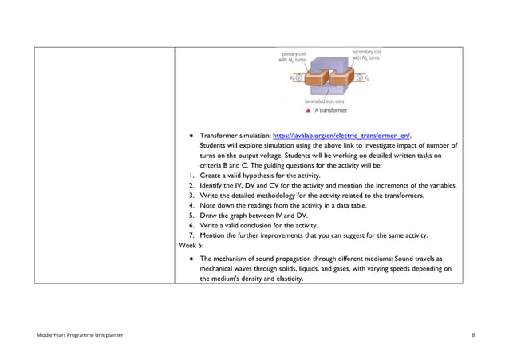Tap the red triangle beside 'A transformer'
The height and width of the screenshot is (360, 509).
[308, 111]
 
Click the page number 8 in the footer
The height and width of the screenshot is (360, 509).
[473, 334]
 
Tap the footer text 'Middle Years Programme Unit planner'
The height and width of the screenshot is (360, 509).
[78, 334]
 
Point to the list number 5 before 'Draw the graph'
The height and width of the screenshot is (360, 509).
[191, 216]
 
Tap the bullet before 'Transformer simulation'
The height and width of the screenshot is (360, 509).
[189, 136]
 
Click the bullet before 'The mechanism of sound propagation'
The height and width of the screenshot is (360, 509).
[189, 259]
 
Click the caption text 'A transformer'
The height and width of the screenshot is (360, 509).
[332, 111]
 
